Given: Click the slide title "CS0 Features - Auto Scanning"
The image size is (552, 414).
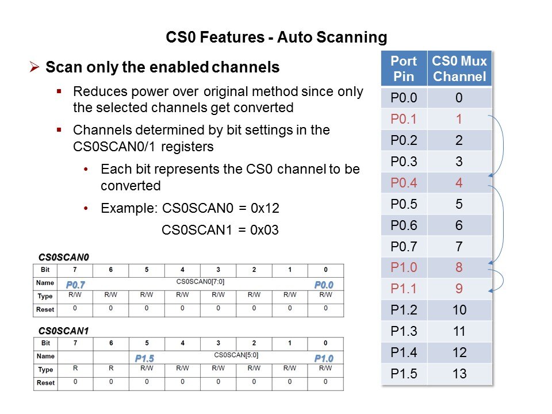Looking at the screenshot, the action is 277,37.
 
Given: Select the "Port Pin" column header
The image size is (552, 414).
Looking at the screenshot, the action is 404,68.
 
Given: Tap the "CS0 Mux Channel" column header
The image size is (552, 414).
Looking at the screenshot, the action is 459,68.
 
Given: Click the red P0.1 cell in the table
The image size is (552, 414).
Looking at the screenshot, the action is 404,119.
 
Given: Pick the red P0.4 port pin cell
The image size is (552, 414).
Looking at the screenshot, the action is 404,183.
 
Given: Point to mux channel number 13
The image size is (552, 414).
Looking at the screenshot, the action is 459,374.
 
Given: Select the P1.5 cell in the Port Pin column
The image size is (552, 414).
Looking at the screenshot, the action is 404,374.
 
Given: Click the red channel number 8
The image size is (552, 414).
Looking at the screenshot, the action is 459,267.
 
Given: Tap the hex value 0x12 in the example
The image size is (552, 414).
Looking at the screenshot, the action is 264,208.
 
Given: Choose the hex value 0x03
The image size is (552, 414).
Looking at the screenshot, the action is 264,230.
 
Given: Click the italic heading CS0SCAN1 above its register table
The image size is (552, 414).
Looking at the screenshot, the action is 63,331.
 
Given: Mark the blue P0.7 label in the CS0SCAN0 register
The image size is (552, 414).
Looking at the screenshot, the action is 75,285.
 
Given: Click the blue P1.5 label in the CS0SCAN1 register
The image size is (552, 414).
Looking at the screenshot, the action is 145,358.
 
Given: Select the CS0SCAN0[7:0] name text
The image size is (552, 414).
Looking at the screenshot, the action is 200,282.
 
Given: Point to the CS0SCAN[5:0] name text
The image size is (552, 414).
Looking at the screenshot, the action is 236,355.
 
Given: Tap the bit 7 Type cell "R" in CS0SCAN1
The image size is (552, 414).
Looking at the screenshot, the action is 75,368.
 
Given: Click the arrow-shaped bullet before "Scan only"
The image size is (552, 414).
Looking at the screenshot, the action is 34,67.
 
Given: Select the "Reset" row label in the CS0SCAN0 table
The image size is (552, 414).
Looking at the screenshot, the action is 45,309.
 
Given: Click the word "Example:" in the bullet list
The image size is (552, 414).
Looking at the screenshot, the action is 129,208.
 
